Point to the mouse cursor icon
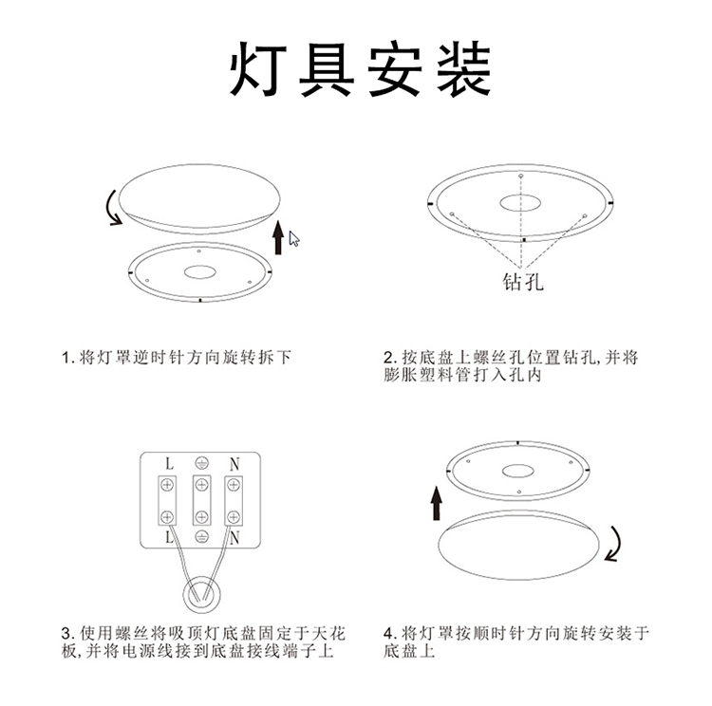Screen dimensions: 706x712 click(x=294, y=238)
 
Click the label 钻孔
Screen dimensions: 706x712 click(x=523, y=283)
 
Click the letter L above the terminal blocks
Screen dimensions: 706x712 click(x=168, y=465)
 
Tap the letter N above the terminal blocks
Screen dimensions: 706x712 click(x=234, y=465)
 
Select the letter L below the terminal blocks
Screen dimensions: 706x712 click(x=168, y=537)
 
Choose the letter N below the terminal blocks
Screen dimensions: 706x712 click(x=234, y=537)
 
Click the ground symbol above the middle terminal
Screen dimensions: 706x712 click(x=200, y=464)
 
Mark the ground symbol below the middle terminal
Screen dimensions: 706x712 click(x=200, y=537)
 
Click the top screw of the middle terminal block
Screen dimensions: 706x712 click(x=200, y=486)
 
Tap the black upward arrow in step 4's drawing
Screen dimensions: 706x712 click(x=437, y=503)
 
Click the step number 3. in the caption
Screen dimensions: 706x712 click(x=67, y=633)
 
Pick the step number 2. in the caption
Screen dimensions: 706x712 click(x=389, y=358)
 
